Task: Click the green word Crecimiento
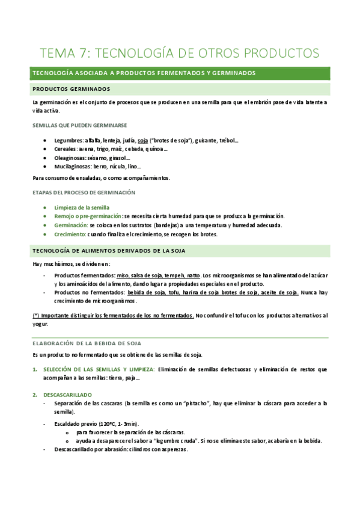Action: pos(69,234)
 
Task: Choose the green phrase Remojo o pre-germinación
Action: pos(88,216)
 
